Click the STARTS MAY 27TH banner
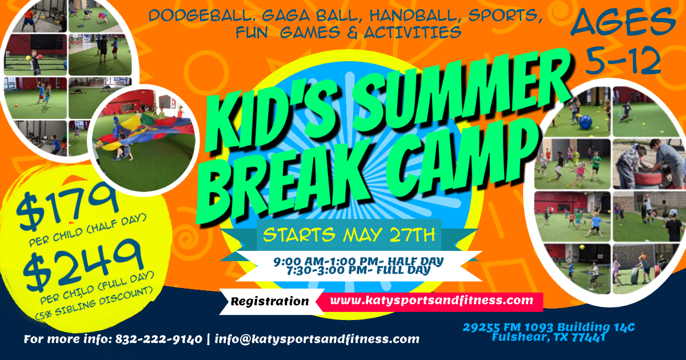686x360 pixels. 349,234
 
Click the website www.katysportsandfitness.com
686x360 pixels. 432,299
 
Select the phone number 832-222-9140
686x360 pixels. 158,339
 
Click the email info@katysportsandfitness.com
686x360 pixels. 317,339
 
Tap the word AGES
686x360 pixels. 623,24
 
